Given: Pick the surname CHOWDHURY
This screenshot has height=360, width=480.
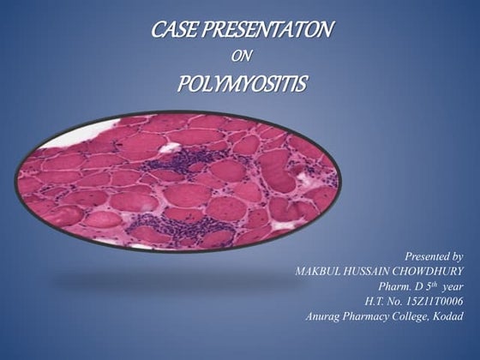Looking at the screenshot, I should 432,271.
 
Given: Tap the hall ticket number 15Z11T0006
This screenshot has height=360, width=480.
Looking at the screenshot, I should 428,301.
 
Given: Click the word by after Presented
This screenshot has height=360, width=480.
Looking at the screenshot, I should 456,255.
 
